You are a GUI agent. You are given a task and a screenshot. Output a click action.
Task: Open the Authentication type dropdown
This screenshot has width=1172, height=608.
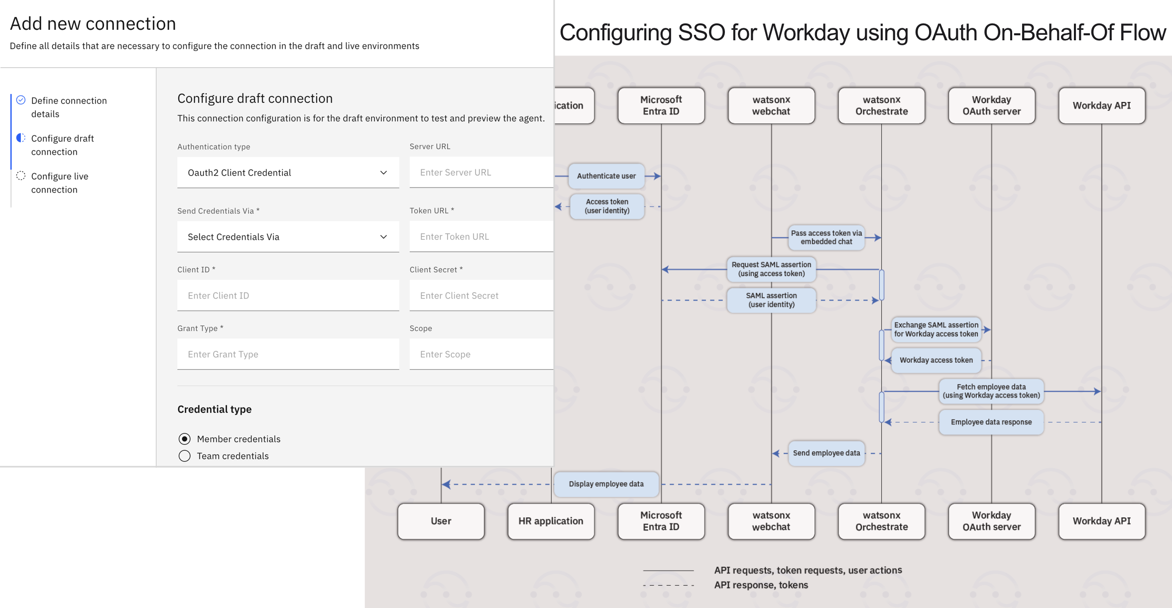[x=288, y=173]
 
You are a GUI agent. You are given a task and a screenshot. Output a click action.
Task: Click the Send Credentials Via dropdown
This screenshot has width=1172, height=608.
[x=288, y=237]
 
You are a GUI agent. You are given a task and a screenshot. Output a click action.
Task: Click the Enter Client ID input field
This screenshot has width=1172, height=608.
[x=288, y=296]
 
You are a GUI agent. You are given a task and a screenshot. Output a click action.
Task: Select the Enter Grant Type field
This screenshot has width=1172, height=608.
[x=288, y=354]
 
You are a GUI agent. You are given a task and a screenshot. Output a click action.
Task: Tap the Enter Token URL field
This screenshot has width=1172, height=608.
[x=481, y=237]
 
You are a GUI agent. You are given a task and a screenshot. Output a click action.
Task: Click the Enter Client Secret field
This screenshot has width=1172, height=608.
[x=481, y=296]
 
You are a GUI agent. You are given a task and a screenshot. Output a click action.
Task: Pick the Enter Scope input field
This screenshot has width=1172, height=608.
[x=481, y=354]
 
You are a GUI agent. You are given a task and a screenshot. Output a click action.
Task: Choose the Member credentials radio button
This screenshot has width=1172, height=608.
[x=185, y=439]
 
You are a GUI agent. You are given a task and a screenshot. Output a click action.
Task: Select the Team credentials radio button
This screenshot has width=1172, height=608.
[x=185, y=456]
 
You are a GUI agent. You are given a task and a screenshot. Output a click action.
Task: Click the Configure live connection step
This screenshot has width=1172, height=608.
[x=60, y=183]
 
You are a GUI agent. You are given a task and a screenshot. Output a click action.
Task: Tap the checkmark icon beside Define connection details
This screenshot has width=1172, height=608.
[x=21, y=100]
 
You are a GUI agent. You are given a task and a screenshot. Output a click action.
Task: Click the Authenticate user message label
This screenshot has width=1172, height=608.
[x=606, y=176]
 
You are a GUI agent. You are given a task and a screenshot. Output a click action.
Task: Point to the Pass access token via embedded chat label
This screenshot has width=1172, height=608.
[x=826, y=237]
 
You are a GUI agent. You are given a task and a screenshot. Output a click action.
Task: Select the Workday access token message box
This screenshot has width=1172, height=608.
[x=936, y=360]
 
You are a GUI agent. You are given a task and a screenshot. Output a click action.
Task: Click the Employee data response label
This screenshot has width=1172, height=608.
[x=991, y=422]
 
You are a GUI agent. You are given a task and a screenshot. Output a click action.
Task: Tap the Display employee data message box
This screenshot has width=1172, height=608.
[x=606, y=484]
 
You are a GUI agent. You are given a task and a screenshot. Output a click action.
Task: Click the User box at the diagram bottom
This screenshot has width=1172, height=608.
[x=441, y=521]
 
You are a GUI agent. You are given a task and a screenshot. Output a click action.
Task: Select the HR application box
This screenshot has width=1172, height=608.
[x=551, y=521]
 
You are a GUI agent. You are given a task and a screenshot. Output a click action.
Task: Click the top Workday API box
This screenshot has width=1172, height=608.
[x=1102, y=105]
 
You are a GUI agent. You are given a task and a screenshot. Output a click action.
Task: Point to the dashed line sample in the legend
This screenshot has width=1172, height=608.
[x=668, y=585]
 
